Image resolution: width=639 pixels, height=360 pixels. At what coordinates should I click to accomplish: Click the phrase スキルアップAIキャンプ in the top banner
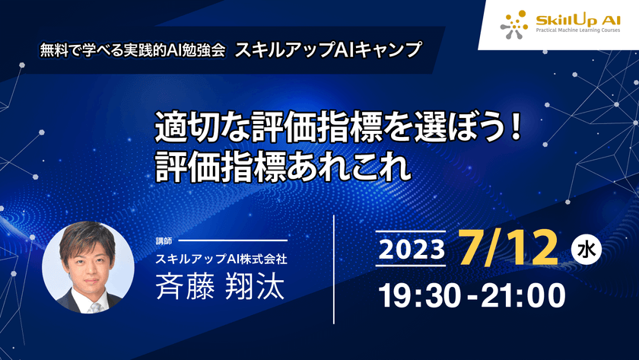pyautogui.click(x=327, y=50)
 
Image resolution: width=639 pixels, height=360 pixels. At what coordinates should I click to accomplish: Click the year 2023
pyautogui.click(x=411, y=250)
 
